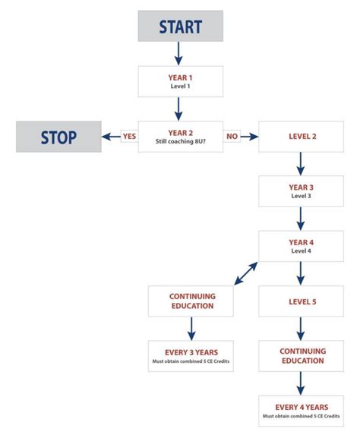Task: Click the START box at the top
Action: tap(180, 26)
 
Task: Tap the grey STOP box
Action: tap(59, 137)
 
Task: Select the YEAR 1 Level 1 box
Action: tap(180, 81)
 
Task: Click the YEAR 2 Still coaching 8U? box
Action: tap(180, 137)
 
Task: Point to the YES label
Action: tap(129, 137)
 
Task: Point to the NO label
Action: tap(232, 137)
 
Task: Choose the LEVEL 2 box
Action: tap(302, 137)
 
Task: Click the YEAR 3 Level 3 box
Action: tap(302, 191)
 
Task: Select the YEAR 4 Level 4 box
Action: tap(302, 246)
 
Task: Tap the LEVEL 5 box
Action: tap(302, 301)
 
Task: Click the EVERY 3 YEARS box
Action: tap(191, 356)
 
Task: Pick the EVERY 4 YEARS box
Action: tap(302, 411)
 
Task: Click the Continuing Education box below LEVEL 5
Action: tap(302, 356)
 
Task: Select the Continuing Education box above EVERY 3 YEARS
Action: tap(191, 301)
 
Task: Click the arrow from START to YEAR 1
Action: tap(180, 52)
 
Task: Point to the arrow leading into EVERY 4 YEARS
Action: tap(302, 383)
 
